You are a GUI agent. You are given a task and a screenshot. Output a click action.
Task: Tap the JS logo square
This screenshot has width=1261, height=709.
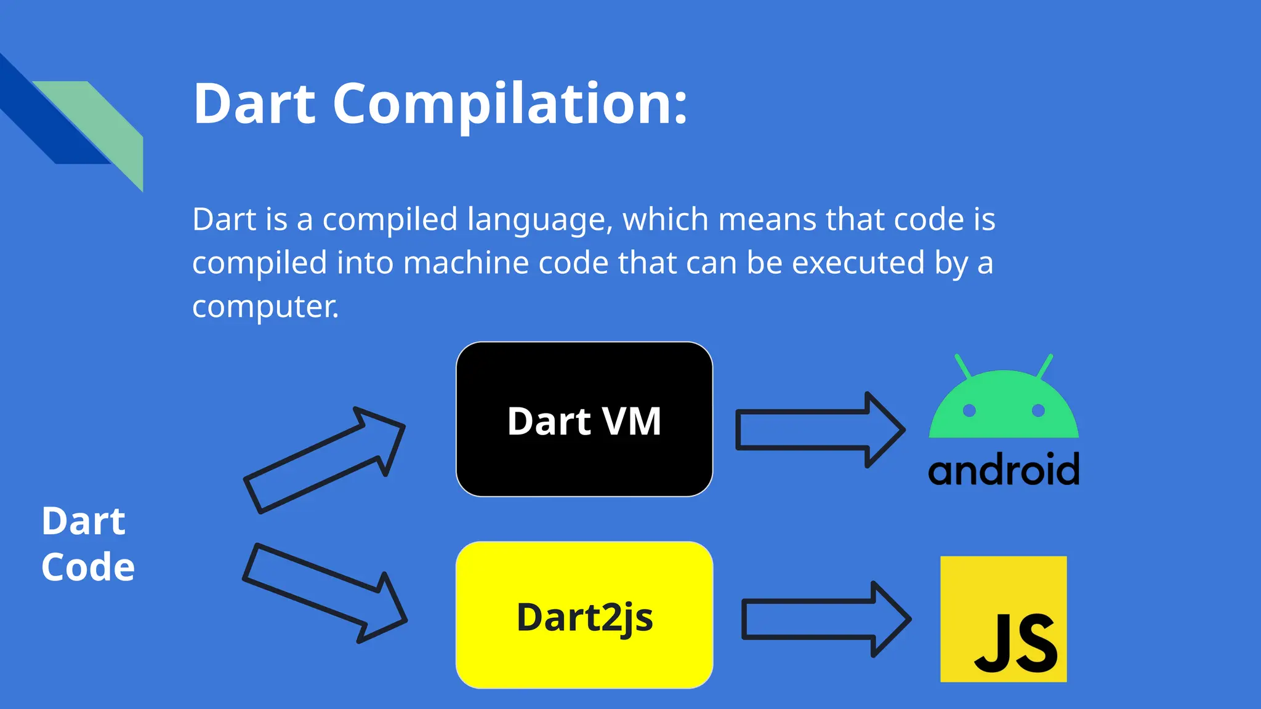1003,619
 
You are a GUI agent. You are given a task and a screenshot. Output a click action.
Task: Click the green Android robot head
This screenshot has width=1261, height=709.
1004,406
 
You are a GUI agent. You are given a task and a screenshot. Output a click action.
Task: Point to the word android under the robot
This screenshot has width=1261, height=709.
1004,470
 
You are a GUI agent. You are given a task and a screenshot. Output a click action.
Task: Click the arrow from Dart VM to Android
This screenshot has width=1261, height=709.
819,430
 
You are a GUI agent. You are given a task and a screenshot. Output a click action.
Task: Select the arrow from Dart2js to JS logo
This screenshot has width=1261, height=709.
825,619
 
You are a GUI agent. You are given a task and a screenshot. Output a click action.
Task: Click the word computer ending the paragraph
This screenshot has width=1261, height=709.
265,306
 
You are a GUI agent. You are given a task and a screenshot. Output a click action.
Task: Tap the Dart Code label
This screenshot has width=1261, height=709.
87,543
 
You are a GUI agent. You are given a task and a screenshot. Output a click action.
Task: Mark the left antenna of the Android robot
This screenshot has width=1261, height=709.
962,366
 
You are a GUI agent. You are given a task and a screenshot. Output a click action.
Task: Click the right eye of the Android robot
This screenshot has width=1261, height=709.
1038,411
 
